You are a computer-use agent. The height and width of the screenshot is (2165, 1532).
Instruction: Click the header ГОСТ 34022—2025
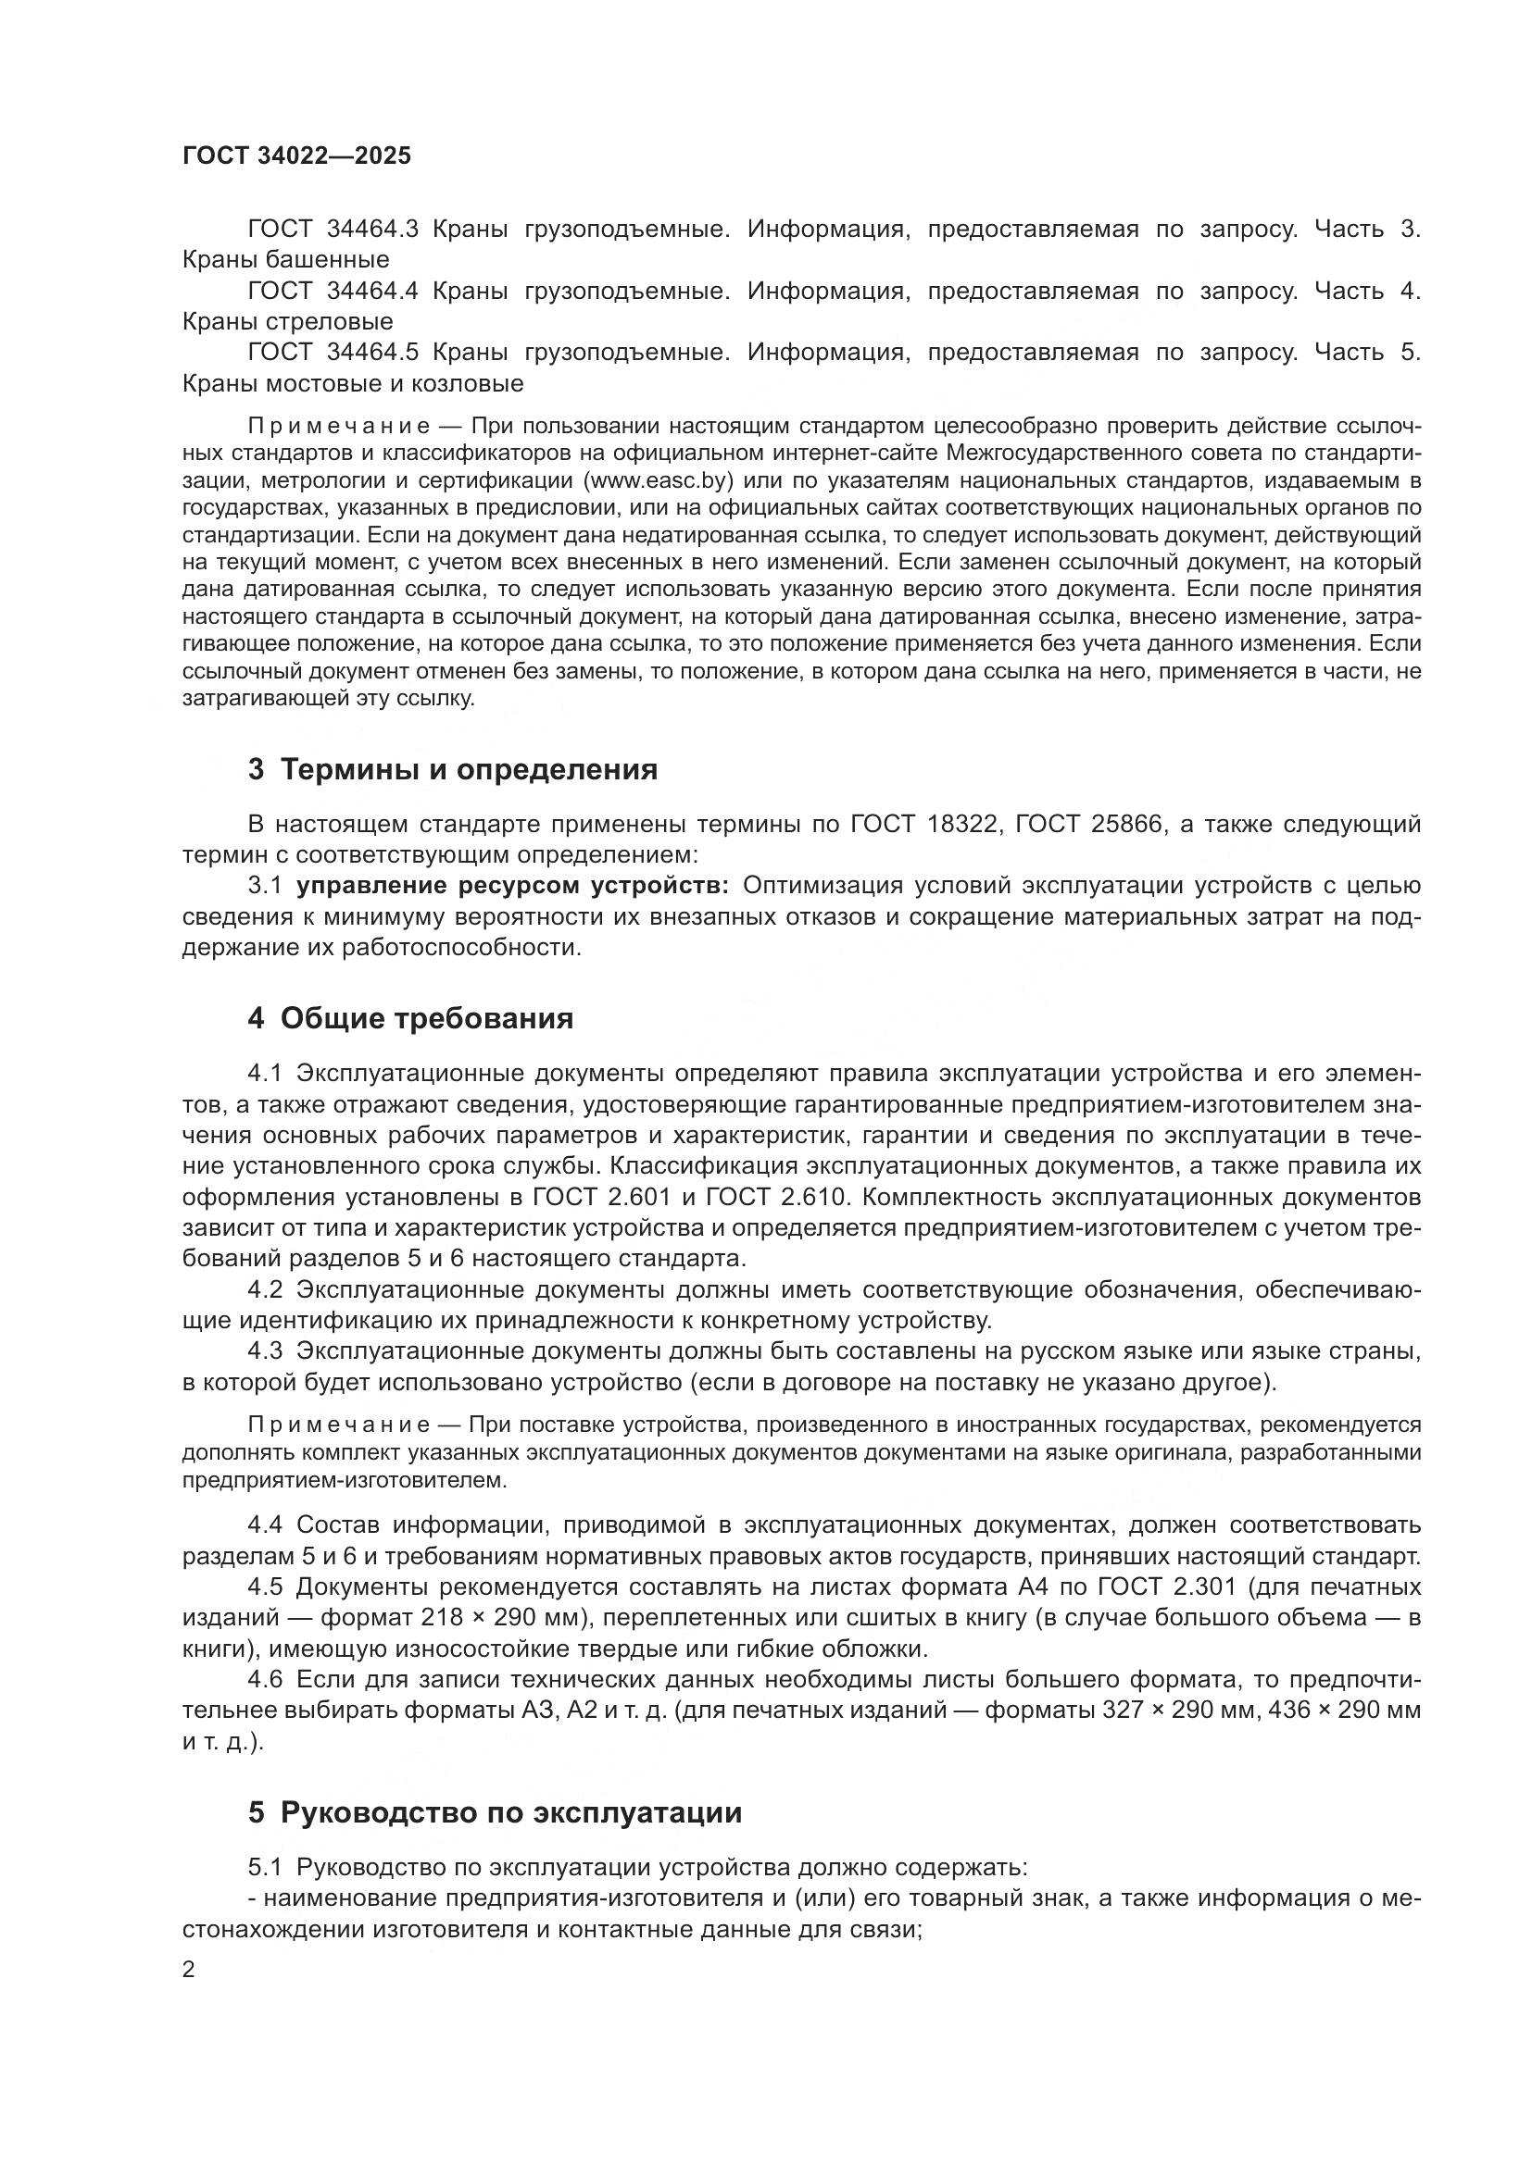tap(297, 156)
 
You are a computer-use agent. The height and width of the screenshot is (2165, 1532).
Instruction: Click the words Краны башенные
tap(286, 259)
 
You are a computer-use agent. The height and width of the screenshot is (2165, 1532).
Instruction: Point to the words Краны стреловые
tap(288, 321)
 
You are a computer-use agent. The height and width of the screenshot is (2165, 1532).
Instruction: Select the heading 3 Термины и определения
tap(453, 769)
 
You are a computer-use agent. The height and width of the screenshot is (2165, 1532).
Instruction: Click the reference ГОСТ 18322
tap(923, 825)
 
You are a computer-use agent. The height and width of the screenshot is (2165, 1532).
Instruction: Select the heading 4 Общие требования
tap(410, 1018)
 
